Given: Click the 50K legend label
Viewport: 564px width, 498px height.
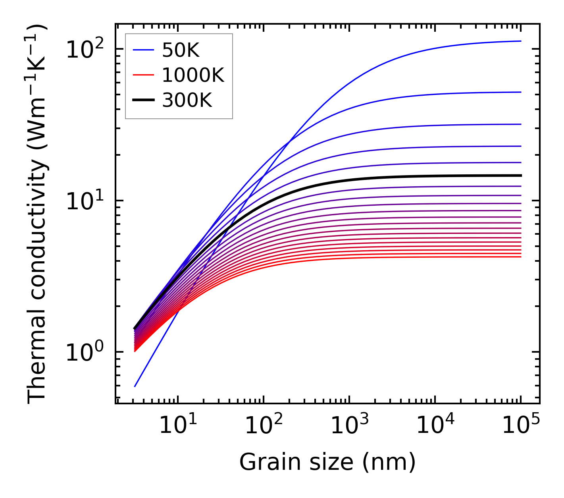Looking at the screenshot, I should [180, 50].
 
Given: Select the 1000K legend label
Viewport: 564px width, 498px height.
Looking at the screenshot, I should [193, 75].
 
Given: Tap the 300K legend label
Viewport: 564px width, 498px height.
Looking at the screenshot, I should [187, 100].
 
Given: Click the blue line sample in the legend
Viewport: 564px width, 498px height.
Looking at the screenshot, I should [143, 50].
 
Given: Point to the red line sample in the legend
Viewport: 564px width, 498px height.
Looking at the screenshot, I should [143, 75].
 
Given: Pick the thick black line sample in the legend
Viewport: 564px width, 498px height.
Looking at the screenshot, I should [143, 100].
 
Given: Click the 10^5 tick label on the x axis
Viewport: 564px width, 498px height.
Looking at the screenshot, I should [520, 425].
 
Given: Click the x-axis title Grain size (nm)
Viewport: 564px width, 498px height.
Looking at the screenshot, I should [327, 462].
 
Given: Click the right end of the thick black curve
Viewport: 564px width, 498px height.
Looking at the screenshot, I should [520, 175].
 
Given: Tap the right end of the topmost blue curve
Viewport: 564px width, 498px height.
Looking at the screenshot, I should [520, 41].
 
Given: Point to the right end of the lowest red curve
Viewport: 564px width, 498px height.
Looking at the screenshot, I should [520, 257].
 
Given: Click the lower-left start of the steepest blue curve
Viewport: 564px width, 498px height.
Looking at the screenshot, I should [135, 386].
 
